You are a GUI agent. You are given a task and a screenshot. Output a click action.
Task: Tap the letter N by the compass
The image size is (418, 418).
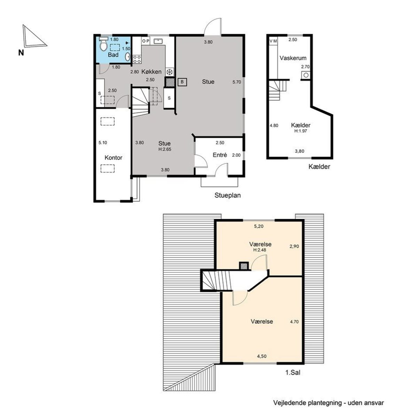pos(21,53)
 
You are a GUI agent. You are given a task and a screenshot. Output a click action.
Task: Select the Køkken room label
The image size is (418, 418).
pos(152,72)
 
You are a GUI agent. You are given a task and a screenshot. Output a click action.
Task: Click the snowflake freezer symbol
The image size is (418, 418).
pos(170,72)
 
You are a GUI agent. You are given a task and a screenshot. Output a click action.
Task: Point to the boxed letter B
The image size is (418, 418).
pos(182,82)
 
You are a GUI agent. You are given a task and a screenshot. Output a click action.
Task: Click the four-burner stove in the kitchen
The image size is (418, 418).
pos(137,59)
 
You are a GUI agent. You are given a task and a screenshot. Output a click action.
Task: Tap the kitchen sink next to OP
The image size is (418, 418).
pos(158,41)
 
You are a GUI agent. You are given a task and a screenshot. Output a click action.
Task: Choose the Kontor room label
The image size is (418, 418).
pos(113,157)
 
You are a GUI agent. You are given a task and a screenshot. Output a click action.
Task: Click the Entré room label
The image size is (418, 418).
pos(220,155)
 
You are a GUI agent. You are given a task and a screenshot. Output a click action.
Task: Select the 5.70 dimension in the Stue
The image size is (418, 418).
pos(237,82)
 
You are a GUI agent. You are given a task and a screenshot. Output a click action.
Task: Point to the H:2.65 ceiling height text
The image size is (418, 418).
pos(165,149)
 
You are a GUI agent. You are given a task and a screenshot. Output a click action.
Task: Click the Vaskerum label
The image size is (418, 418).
pos(293,58)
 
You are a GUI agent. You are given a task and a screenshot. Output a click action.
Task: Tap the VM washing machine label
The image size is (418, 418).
pos(273,41)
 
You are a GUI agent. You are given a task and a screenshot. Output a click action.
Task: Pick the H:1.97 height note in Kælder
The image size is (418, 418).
pos(300,131)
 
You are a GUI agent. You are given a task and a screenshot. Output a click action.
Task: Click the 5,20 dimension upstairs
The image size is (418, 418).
pos(258,226)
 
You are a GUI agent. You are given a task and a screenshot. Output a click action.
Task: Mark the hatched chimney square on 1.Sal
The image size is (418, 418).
pos(244,266)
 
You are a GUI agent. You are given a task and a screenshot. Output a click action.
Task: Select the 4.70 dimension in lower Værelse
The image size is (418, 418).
pos(294,322)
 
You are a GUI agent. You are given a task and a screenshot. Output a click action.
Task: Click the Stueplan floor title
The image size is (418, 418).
pos(227,195)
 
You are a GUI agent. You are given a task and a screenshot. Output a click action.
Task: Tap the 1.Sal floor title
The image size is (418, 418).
pos(293,373)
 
